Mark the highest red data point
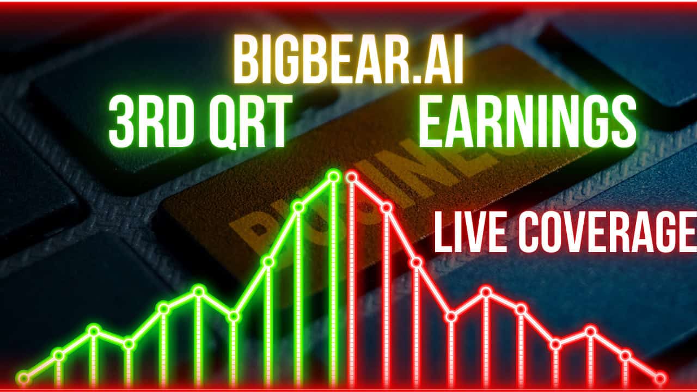point(352,176)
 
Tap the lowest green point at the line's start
point(23,377)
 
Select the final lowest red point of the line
point(661,378)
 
